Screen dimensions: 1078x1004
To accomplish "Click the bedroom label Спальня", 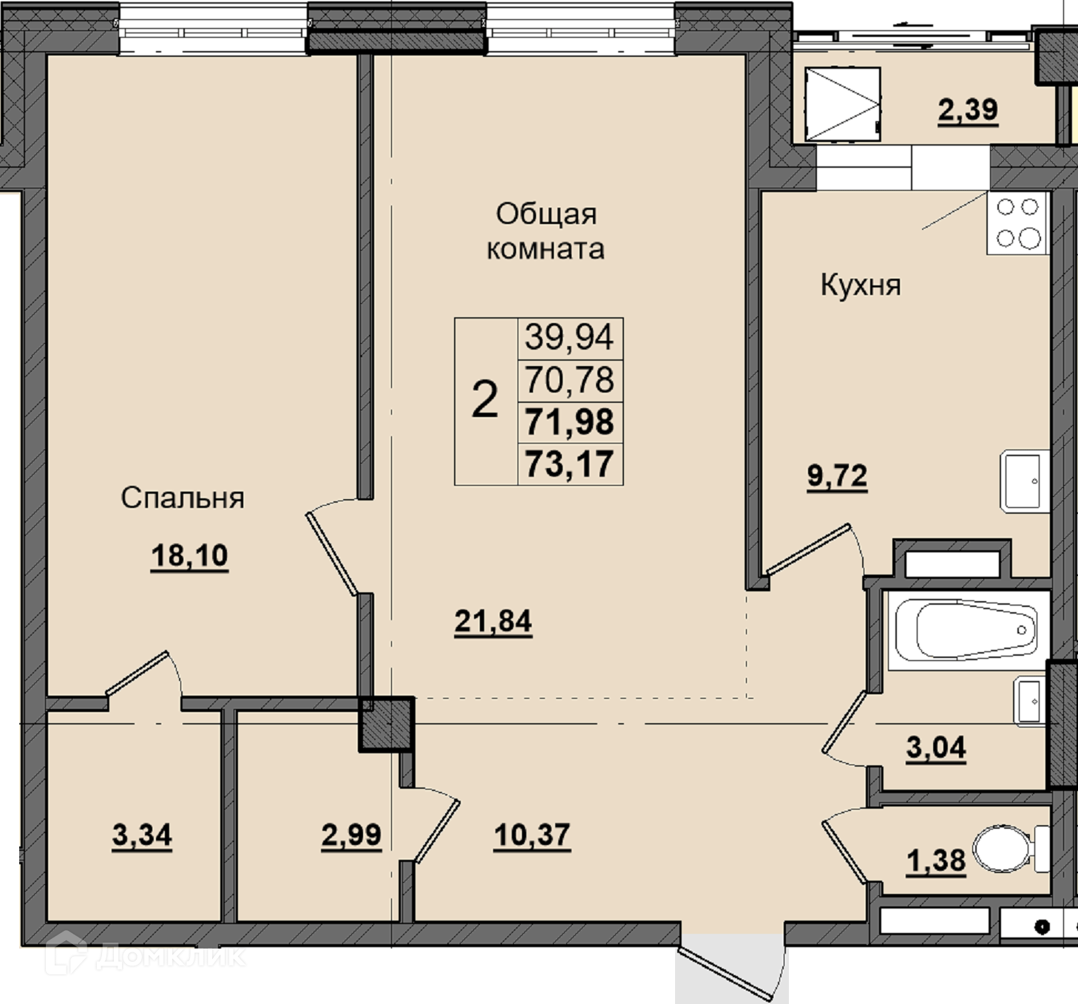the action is coord(183,498).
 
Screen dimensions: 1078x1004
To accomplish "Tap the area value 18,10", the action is coord(189,555).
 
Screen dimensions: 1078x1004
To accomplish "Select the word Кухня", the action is coord(861,285).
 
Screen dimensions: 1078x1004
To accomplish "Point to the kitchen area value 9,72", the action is coord(837,476).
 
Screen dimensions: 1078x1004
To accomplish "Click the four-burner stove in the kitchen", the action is coord(1017,223).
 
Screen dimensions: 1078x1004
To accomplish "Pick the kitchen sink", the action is coord(1025,481).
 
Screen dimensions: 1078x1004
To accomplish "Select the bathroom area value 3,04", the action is coord(936,747).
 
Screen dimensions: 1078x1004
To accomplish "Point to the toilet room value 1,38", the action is coord(936,860).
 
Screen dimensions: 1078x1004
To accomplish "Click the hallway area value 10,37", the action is coord(532,835).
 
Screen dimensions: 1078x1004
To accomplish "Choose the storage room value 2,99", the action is coord(351,835).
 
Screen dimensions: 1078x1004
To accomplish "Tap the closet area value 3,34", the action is coord(142,835).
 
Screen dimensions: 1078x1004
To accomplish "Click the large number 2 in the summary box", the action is coord(485,399).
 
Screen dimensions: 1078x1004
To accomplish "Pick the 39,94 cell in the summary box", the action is coord(569,337).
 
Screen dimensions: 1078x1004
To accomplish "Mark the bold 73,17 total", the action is coord(569,464).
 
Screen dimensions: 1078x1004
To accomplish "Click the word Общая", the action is coord(546,214).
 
